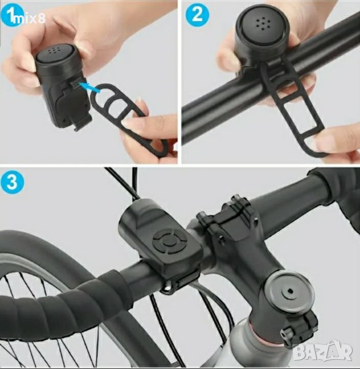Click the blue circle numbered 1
[x=12, y=15]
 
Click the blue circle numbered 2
[x=198, y=15]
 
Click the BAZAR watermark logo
[x=324, y=352]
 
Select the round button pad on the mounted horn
[x=168, y=241]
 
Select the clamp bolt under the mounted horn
[x=167, y=287]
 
